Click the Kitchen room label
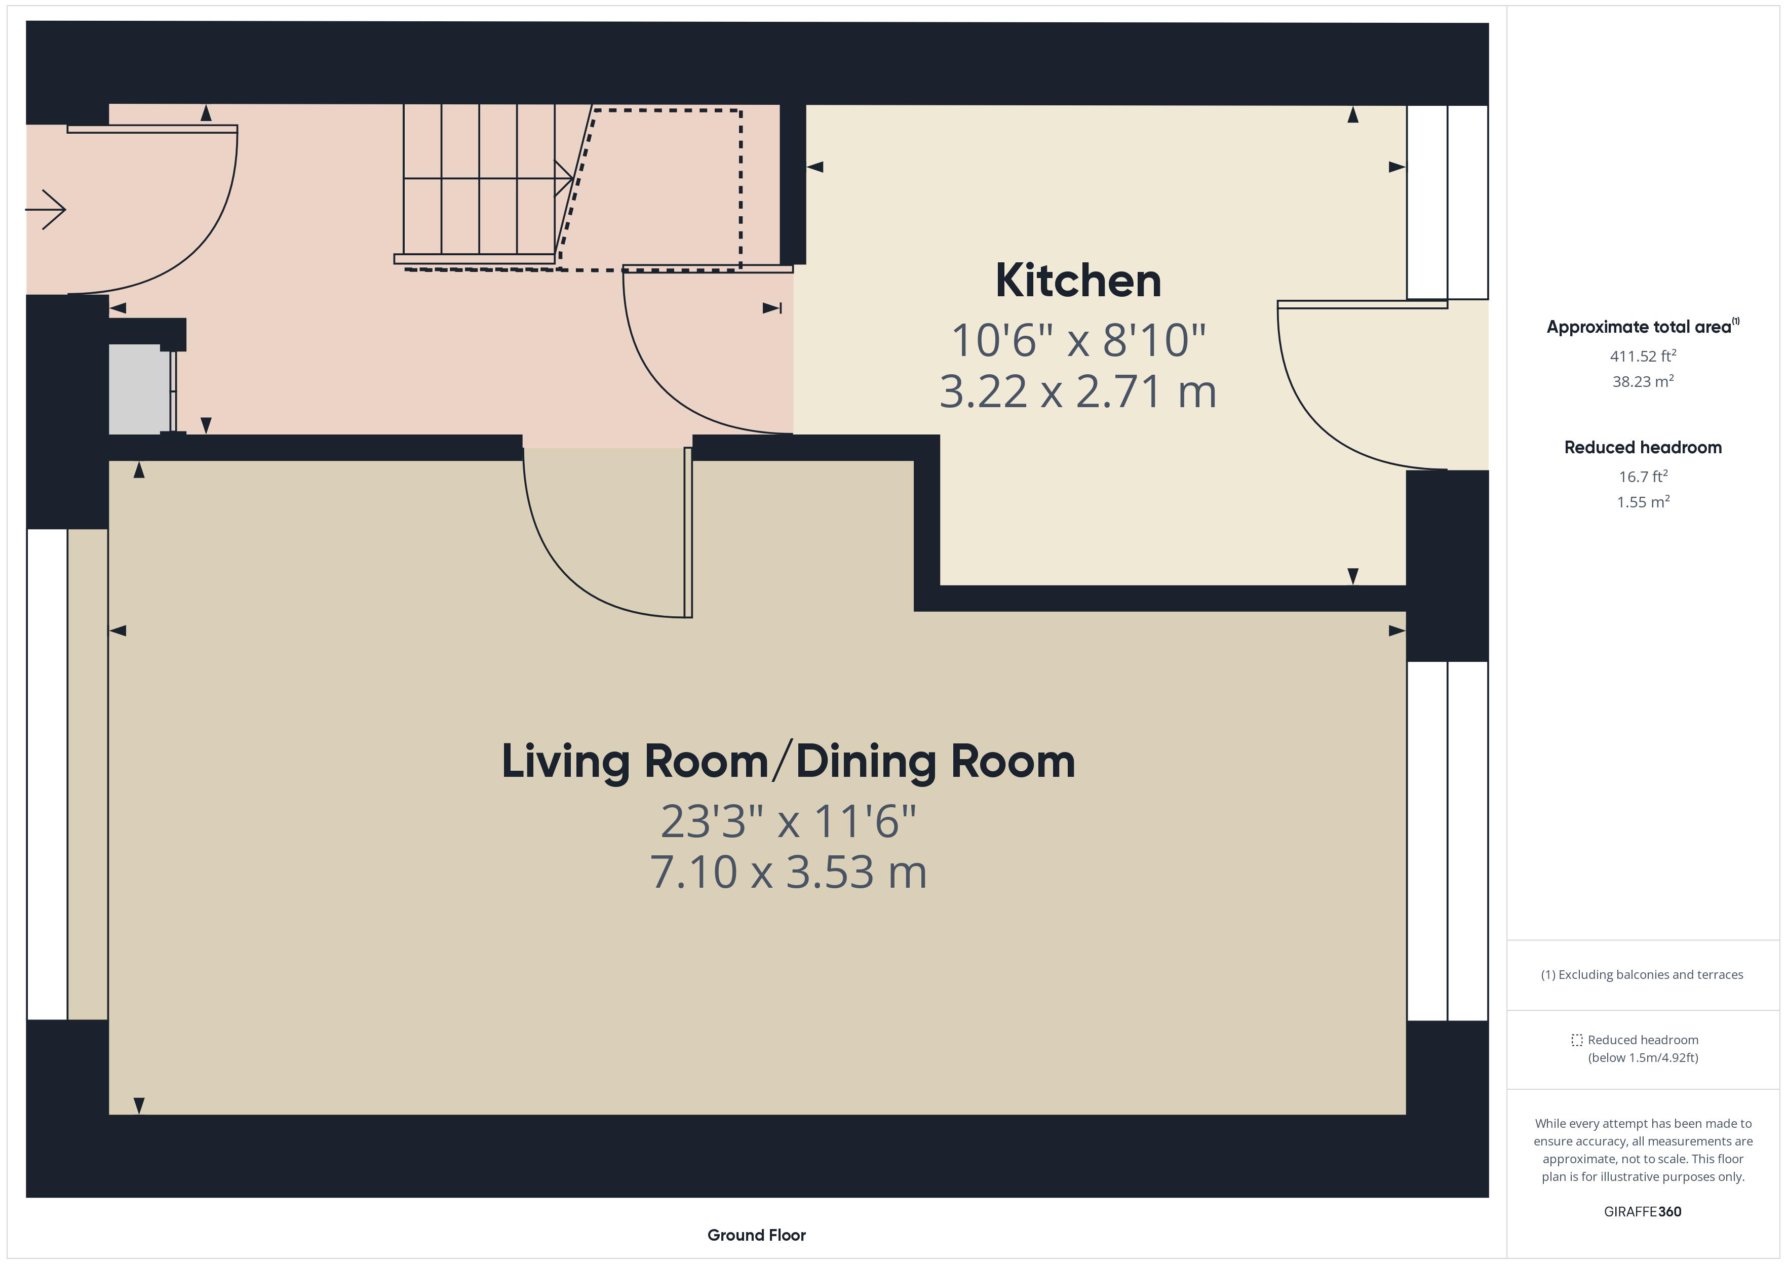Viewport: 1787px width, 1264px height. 1077,281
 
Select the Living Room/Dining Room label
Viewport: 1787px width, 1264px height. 788,761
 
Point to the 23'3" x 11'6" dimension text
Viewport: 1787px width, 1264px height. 788,821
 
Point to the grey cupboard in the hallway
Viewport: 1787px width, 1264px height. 139,389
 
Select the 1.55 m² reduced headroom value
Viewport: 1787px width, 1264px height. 1642,502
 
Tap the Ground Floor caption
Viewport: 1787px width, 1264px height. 756,1235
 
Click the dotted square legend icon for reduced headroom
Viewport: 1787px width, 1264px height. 1577,1040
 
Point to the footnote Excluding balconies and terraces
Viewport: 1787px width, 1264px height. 1642,974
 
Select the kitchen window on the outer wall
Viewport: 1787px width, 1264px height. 1447,203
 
